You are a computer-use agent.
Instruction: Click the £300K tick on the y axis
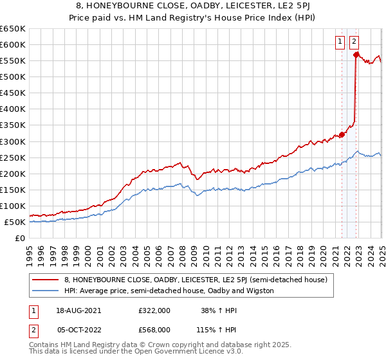point(13,141)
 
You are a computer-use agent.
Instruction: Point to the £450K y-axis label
point(13,93)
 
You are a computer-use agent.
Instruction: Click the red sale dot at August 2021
point(342,134)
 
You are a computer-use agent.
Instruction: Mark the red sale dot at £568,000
point(355,55)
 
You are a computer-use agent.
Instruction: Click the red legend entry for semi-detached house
point(196,280)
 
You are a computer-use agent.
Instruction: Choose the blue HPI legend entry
point(169,291)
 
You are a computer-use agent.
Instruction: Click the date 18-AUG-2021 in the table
point(79,310)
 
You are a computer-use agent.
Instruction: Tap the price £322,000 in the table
point(154,310)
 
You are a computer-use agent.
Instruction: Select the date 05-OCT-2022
point(78,329)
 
